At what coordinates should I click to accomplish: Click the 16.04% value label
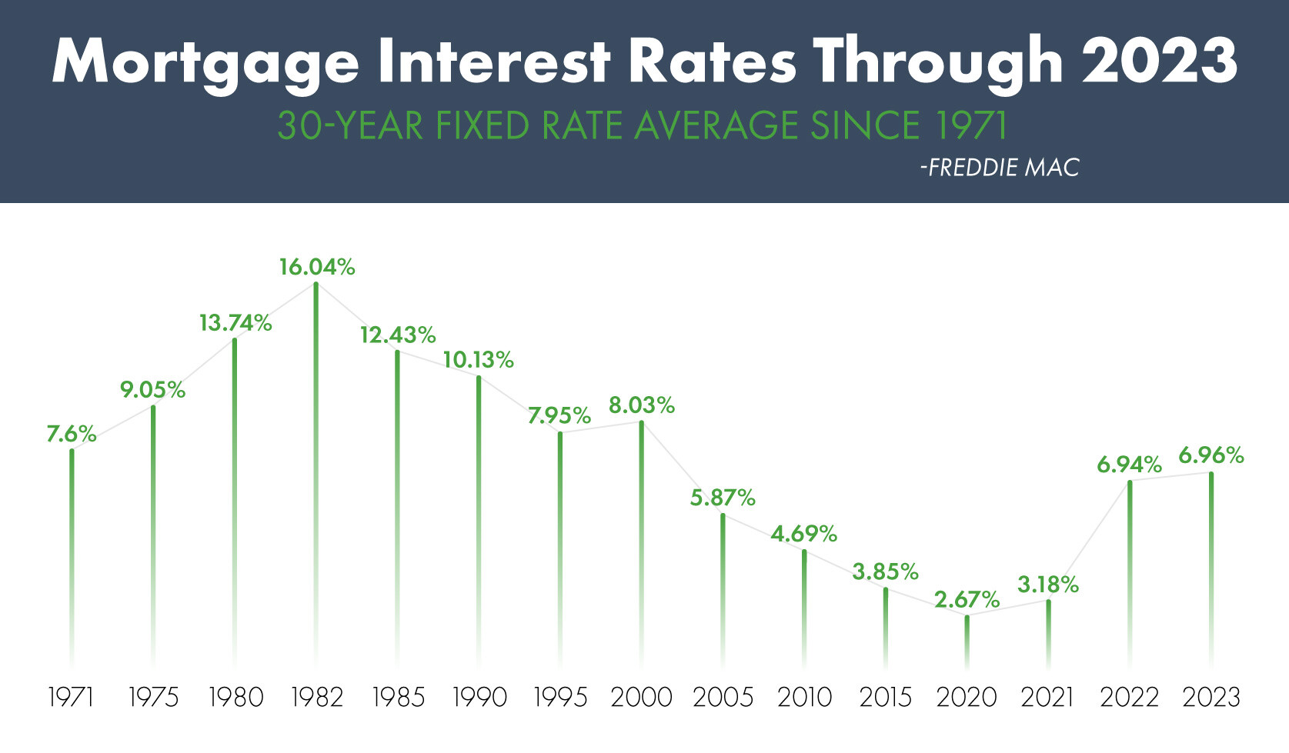316,268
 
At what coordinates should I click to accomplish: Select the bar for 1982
316,461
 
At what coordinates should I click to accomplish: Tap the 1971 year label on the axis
71,698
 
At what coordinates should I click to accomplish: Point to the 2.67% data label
967,600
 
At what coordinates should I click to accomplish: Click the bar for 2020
967,642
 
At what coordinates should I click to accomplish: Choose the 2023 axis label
1211,698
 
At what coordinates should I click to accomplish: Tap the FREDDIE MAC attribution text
1000,168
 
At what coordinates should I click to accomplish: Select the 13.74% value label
235,323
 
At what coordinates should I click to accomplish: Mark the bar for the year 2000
641,538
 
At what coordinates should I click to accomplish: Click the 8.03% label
641,405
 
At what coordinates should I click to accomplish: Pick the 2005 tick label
723,698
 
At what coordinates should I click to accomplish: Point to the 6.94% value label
1129,465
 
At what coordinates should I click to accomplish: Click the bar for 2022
1130,569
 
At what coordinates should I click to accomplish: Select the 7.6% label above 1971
71,435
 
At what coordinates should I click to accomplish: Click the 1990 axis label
479,698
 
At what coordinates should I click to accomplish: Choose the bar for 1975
153,531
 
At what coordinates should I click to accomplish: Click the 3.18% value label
1047,585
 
